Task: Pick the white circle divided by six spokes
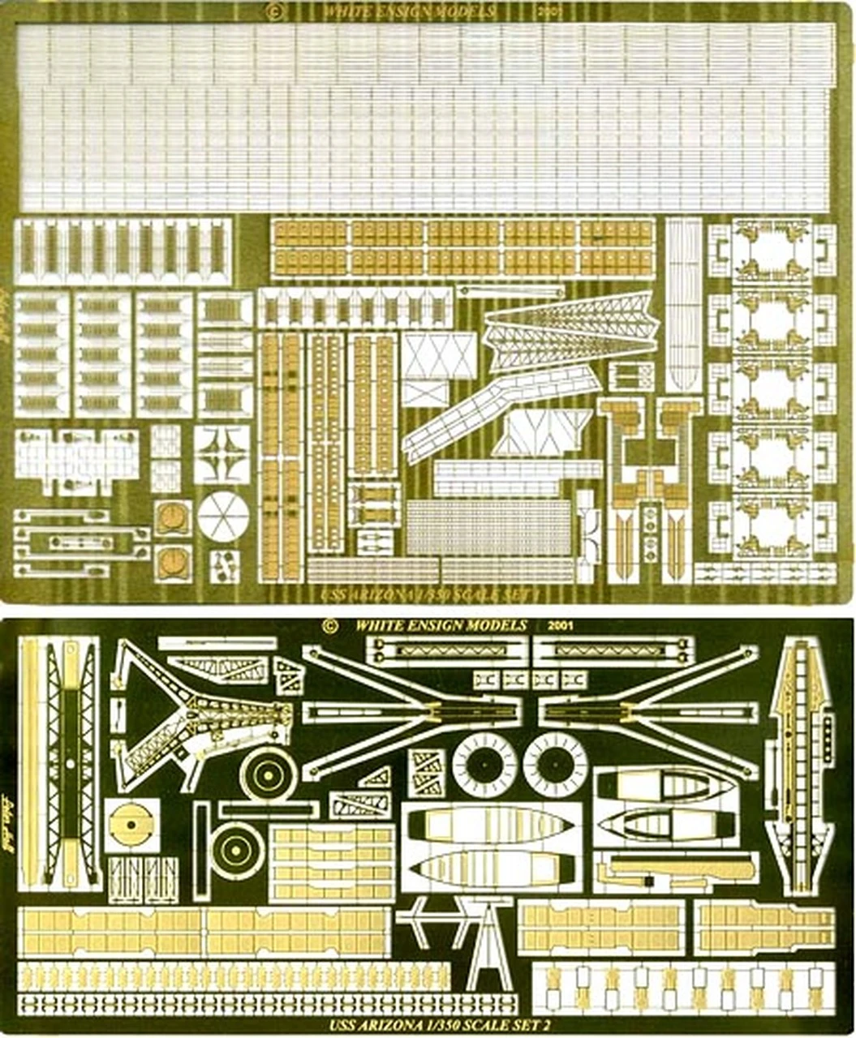pos(223,516)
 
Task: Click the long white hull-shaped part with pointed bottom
pos(683,304)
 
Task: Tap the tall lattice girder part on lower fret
pos(70,762)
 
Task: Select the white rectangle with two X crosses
pos(439,355)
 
